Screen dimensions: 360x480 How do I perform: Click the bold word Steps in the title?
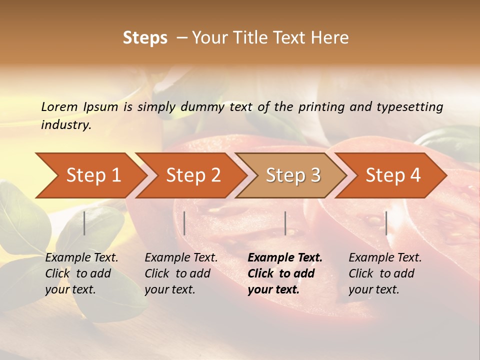point(145,38)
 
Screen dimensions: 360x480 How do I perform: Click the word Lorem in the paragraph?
point(59,107)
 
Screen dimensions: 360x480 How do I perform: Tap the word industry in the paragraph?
point(66,124)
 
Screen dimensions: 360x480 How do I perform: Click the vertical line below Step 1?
point(84,223)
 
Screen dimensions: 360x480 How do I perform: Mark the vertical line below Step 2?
point(184,223)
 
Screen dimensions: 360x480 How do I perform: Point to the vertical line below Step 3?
point(285,223)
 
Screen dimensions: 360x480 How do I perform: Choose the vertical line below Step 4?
point(386,223)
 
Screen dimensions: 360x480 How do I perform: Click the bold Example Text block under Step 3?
point(284,273)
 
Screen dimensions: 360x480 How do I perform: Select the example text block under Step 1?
point(81,273)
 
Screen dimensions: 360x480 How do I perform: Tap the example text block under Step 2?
point(181,273)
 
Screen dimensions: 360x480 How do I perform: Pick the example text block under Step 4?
point(385,273)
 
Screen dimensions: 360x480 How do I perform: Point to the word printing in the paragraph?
point(320,107)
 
